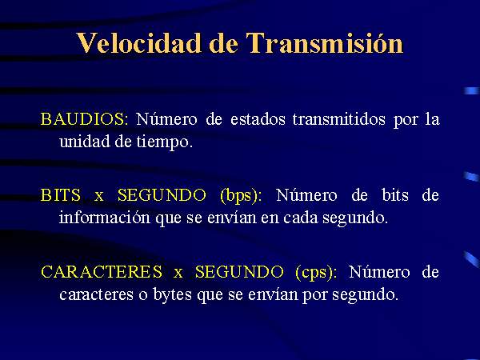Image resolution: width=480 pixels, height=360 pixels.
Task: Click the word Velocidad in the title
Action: (139, 43)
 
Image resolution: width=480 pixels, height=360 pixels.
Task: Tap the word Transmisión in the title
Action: (325, 43)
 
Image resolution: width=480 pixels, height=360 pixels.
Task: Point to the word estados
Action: (258, 118)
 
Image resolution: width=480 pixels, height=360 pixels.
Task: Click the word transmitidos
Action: (339, 118)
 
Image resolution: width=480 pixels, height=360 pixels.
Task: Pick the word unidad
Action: (85, 142)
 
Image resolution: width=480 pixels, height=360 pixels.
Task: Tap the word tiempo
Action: (165, 142)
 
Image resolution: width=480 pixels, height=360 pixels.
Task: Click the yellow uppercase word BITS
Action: (61, 195)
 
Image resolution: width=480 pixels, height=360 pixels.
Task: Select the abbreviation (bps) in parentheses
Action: (241, 196)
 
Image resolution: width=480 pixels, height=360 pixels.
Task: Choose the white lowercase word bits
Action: (395, 195)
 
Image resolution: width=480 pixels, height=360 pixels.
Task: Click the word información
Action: (104, 218)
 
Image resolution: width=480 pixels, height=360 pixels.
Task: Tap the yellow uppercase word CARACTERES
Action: (102, 271)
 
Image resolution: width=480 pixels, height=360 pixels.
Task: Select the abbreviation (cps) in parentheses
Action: (316, 272)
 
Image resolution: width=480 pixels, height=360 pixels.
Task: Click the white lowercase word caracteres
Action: (97, 294)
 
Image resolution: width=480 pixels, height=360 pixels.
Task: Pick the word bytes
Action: (173, 294)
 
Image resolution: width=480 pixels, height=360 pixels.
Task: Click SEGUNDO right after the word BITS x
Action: (162, 195)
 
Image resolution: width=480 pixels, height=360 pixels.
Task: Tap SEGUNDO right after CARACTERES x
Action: (239, 271)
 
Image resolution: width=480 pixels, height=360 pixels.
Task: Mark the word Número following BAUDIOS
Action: (167, 118)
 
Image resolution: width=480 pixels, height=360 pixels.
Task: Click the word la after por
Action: (433, 118)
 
